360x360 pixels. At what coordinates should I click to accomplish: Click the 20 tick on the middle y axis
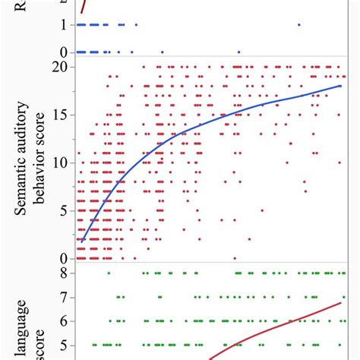tap(63, 66)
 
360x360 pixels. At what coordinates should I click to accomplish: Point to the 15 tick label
tap(63, 114)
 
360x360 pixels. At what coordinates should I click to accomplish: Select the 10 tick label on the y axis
tap(63, 163)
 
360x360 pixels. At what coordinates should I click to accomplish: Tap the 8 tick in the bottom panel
tap(66, 272)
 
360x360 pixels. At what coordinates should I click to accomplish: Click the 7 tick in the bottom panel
tap(66, 296)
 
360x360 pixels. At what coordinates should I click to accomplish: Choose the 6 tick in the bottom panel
tap(66, 321)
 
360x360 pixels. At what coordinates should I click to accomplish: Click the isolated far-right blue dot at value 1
tap(298, 25)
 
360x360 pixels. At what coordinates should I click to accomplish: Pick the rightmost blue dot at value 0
tap(239, 52)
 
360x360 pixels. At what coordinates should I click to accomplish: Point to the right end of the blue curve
tap(340, 86)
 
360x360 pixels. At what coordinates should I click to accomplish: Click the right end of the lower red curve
tap(340, 302)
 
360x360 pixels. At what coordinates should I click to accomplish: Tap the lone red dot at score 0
tap(235, 258)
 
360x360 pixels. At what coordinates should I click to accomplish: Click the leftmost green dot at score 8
tap(109, 272)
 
